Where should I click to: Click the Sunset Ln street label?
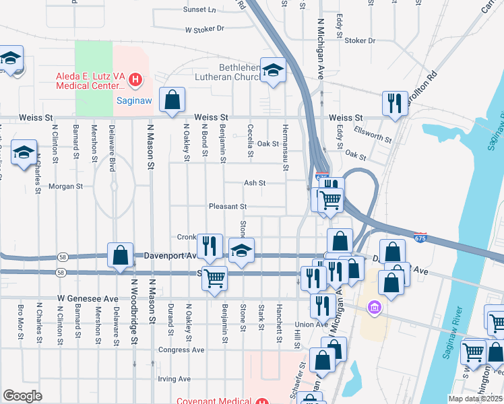pyautogui.click(x=199, y=10)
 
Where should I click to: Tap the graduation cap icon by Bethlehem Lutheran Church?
pyautogui.click(x=273, y=70)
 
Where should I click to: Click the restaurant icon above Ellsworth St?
pyautogui.click(x=394, y=104)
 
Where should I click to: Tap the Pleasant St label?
pyautogui.click(x=228, y=207)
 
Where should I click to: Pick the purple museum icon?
pyautogui.click(x=375, y=308)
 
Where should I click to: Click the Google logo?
pyautogui.click(x=23, y=396)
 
